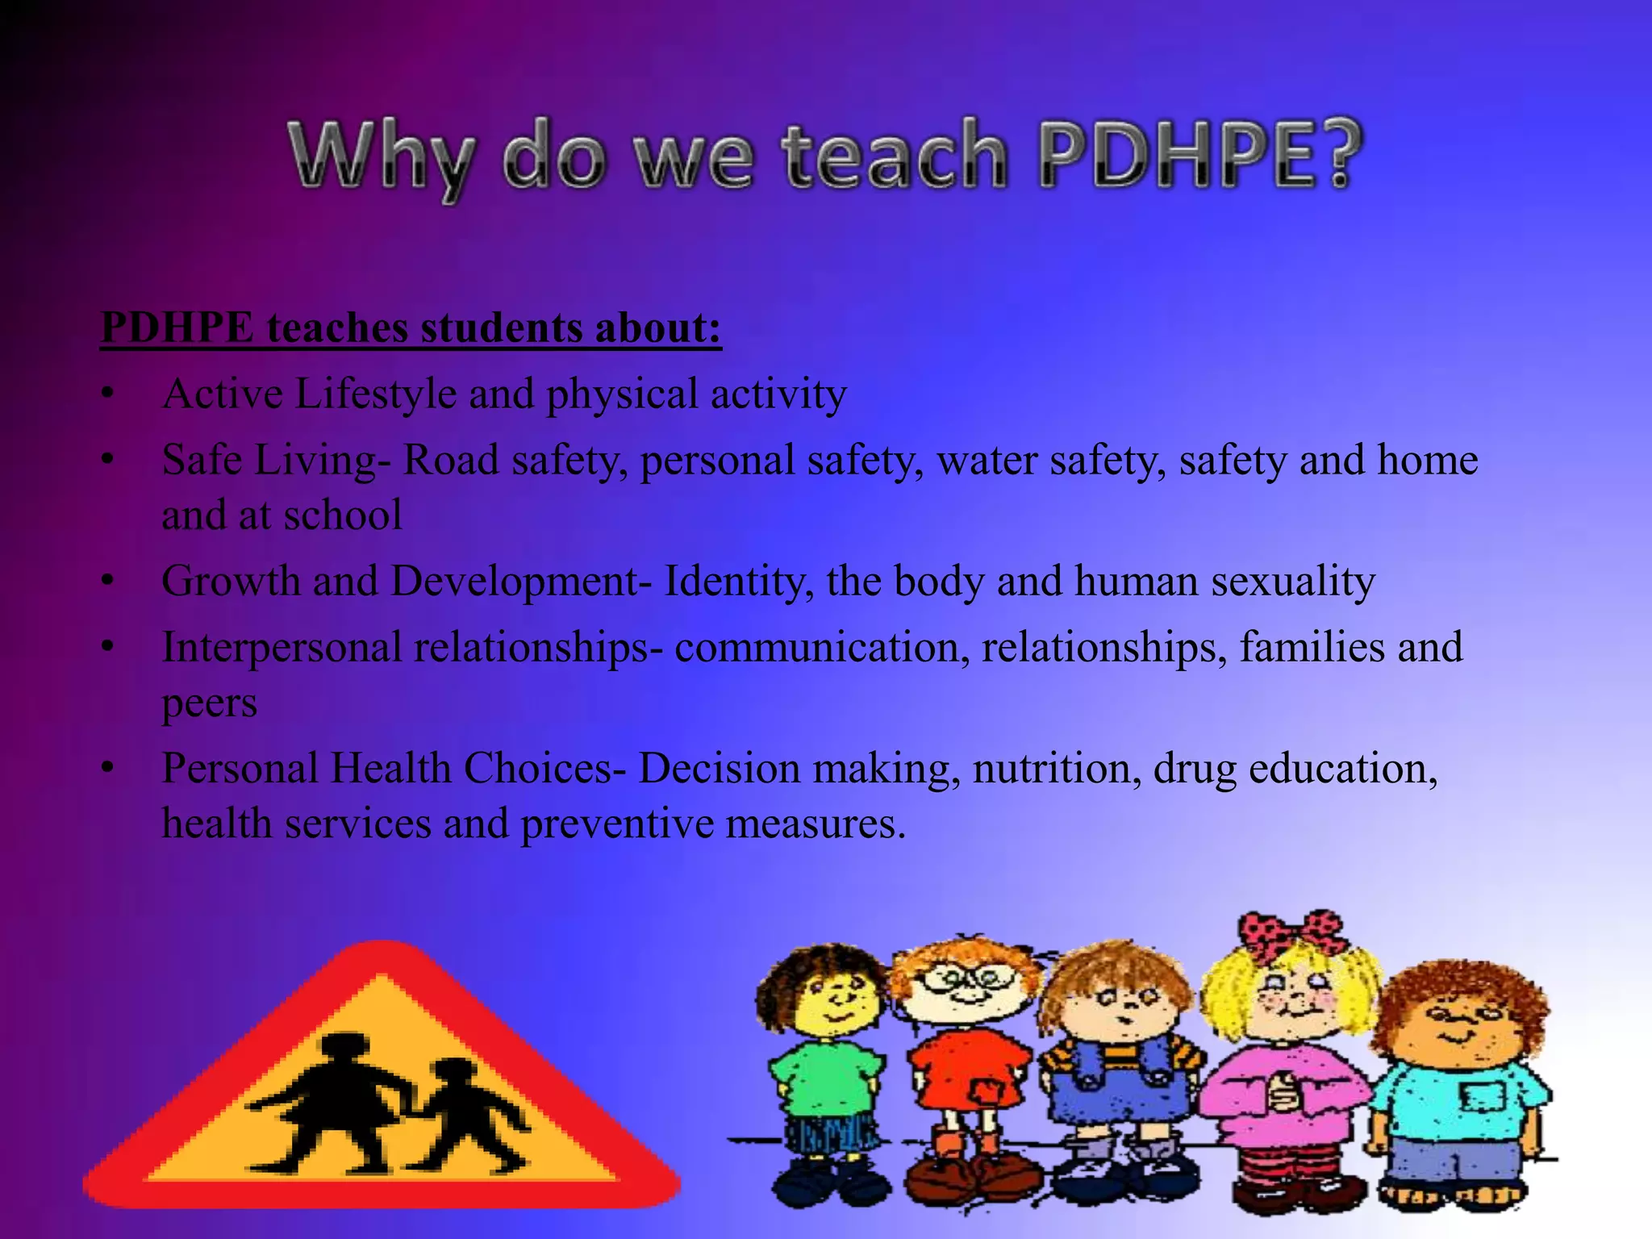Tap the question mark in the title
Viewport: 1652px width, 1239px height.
pyautogui.click(x=1335, y=155)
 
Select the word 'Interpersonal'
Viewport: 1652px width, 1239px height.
pyautogui.click(x=282, y=648)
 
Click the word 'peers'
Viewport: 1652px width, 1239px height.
pyautogui.click(x=210, y=703)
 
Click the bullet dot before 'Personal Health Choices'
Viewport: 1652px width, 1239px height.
pyautogui.click(x=108, y=769)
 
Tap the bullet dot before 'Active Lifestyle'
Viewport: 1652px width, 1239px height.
pyautogui.click(x=108, y=395)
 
